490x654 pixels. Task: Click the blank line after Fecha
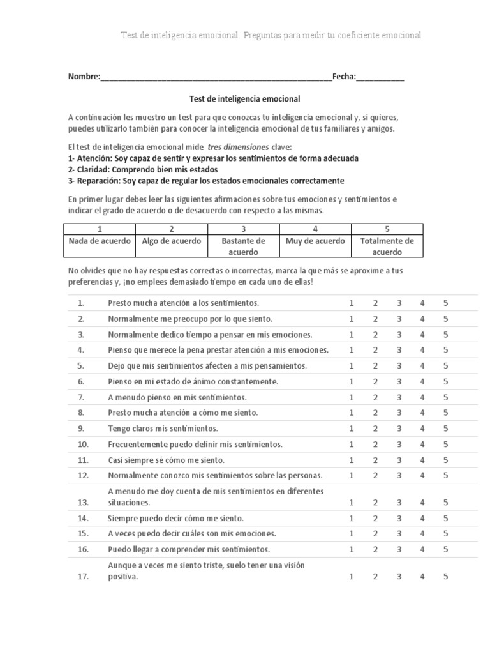[x=380, y=77]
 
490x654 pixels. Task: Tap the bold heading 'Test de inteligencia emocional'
[x=245, y=99]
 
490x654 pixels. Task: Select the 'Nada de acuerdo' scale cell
[x=100, y=241]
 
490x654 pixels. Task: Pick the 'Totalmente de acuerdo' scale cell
[x=387, y=246]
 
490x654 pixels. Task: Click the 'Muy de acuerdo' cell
[x=315, y=241]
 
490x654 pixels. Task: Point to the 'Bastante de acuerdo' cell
[x=243, y=246]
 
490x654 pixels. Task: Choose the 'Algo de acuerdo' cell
[x=172, y=241]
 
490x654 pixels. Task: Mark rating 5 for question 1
[x=446, y=303]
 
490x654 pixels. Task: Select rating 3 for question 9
[x=398, y=429]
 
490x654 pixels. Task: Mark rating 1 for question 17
[x=351, y=577]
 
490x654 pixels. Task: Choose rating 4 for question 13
[x=422, y=503]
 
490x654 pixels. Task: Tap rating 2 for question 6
[x=375, y=382]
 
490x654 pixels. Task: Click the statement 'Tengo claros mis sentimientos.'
[x=163, y=429]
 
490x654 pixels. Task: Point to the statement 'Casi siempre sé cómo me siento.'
[x=166, y=460]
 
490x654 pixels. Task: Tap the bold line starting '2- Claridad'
[x=142, y=170]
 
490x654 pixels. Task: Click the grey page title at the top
[x=271, y=35]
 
